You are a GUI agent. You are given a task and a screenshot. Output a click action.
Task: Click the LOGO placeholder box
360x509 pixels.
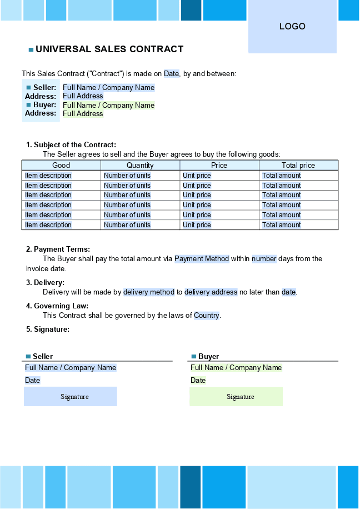pos(292,27)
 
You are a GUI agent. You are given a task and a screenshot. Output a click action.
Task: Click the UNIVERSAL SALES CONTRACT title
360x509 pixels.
pos(109,49)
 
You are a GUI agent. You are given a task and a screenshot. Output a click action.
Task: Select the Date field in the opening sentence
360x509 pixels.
pos(171,73)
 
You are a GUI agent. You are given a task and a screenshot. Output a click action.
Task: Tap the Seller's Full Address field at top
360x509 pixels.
pos(83,96)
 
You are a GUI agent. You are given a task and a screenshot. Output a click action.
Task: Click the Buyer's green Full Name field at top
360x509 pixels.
pos(108,105)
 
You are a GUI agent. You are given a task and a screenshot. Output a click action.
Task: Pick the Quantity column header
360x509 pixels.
pos(140,165)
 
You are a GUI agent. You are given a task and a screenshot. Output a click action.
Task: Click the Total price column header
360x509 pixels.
pos(298,165)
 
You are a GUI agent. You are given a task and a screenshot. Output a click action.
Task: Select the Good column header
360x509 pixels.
pos(61,165)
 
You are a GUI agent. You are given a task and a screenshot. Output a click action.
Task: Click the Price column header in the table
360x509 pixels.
pos(219,165)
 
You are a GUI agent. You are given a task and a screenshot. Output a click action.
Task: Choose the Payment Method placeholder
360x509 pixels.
pos(202,259)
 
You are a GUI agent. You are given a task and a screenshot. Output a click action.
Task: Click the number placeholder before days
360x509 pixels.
pos(264,259)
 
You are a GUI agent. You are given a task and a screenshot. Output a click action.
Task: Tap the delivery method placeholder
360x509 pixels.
pos(149,292)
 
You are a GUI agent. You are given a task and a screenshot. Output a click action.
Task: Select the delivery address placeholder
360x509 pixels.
pos(211,292)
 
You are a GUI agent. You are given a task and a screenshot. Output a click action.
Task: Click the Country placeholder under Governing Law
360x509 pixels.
pos(207,316)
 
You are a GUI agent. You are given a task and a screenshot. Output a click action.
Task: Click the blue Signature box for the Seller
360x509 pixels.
pos(71,397)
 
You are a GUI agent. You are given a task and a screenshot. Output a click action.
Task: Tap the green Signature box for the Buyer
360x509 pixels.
pos(236,397)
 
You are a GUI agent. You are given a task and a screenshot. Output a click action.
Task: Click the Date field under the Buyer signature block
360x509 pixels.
pos(198,381)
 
